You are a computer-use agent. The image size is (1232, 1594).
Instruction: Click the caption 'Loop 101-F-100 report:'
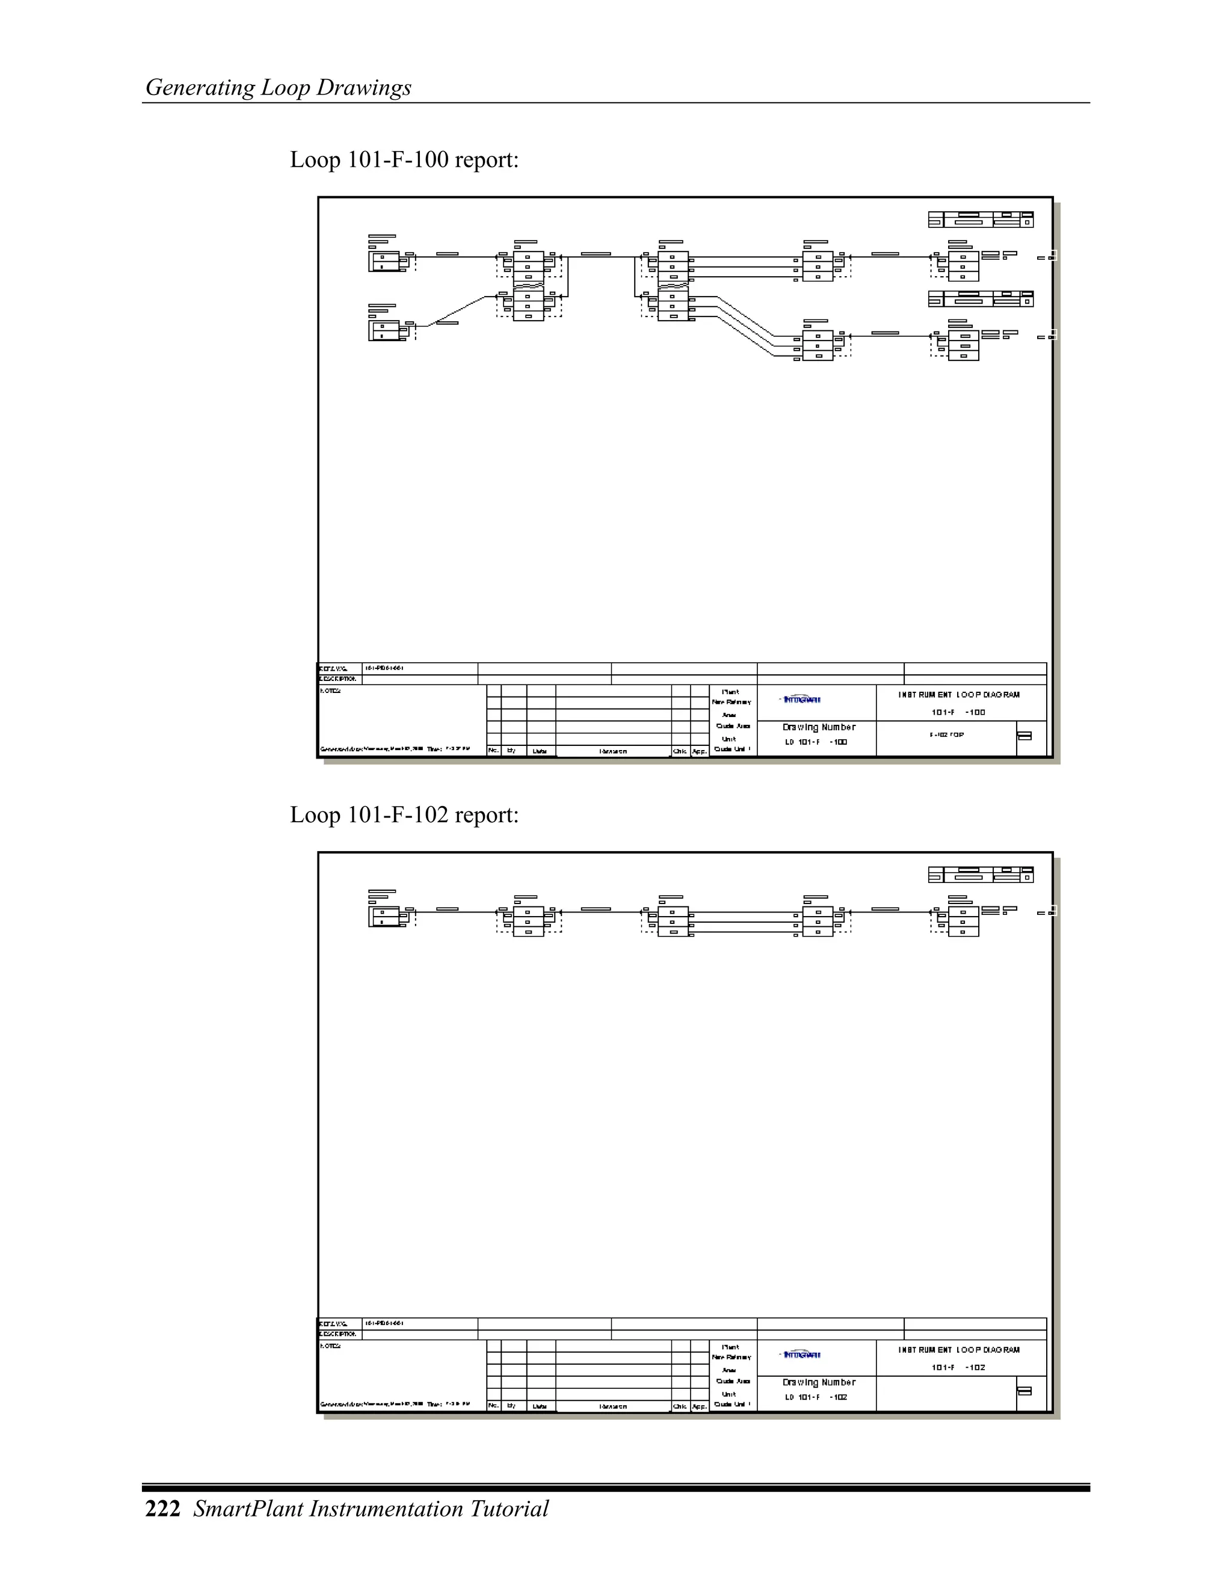404,159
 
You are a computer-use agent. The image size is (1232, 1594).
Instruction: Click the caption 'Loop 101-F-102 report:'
404,814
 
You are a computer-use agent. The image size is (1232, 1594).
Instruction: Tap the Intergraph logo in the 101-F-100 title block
801,699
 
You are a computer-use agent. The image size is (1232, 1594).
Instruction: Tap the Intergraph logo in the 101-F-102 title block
801,1355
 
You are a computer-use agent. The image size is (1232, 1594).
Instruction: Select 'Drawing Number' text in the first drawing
819,727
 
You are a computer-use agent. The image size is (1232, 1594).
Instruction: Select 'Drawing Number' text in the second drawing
819,1382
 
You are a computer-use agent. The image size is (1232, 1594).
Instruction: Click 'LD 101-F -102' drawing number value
816,1397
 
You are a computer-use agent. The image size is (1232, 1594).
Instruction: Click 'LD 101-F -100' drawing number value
816,742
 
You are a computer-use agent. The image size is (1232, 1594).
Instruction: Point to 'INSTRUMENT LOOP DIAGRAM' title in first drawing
959,695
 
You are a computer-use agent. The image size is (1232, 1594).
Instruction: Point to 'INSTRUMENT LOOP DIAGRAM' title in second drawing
959,1350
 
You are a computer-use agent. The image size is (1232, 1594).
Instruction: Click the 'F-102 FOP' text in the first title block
947,735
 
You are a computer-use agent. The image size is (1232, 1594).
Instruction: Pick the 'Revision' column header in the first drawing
613,751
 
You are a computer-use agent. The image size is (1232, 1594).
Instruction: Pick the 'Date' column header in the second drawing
540,1406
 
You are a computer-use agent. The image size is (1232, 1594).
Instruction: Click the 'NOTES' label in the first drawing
331,691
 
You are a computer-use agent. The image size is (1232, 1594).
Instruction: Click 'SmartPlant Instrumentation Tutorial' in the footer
371,1509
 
